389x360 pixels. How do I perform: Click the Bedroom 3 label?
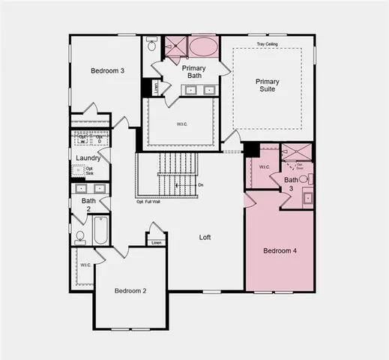point(107,71)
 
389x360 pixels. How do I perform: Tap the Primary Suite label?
point(266,85)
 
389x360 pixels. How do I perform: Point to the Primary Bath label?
point(193,72)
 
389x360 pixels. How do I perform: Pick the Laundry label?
point(88,157)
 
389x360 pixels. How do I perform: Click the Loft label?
point(205,237)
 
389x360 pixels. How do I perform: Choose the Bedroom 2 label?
point(130,290)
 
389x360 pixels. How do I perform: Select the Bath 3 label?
point(291,184)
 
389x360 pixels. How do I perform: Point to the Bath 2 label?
point(88,205)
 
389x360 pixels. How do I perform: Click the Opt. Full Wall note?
point(149,202)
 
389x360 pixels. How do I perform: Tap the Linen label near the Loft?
point(156,242)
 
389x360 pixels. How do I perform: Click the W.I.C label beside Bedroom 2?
point(85,265)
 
